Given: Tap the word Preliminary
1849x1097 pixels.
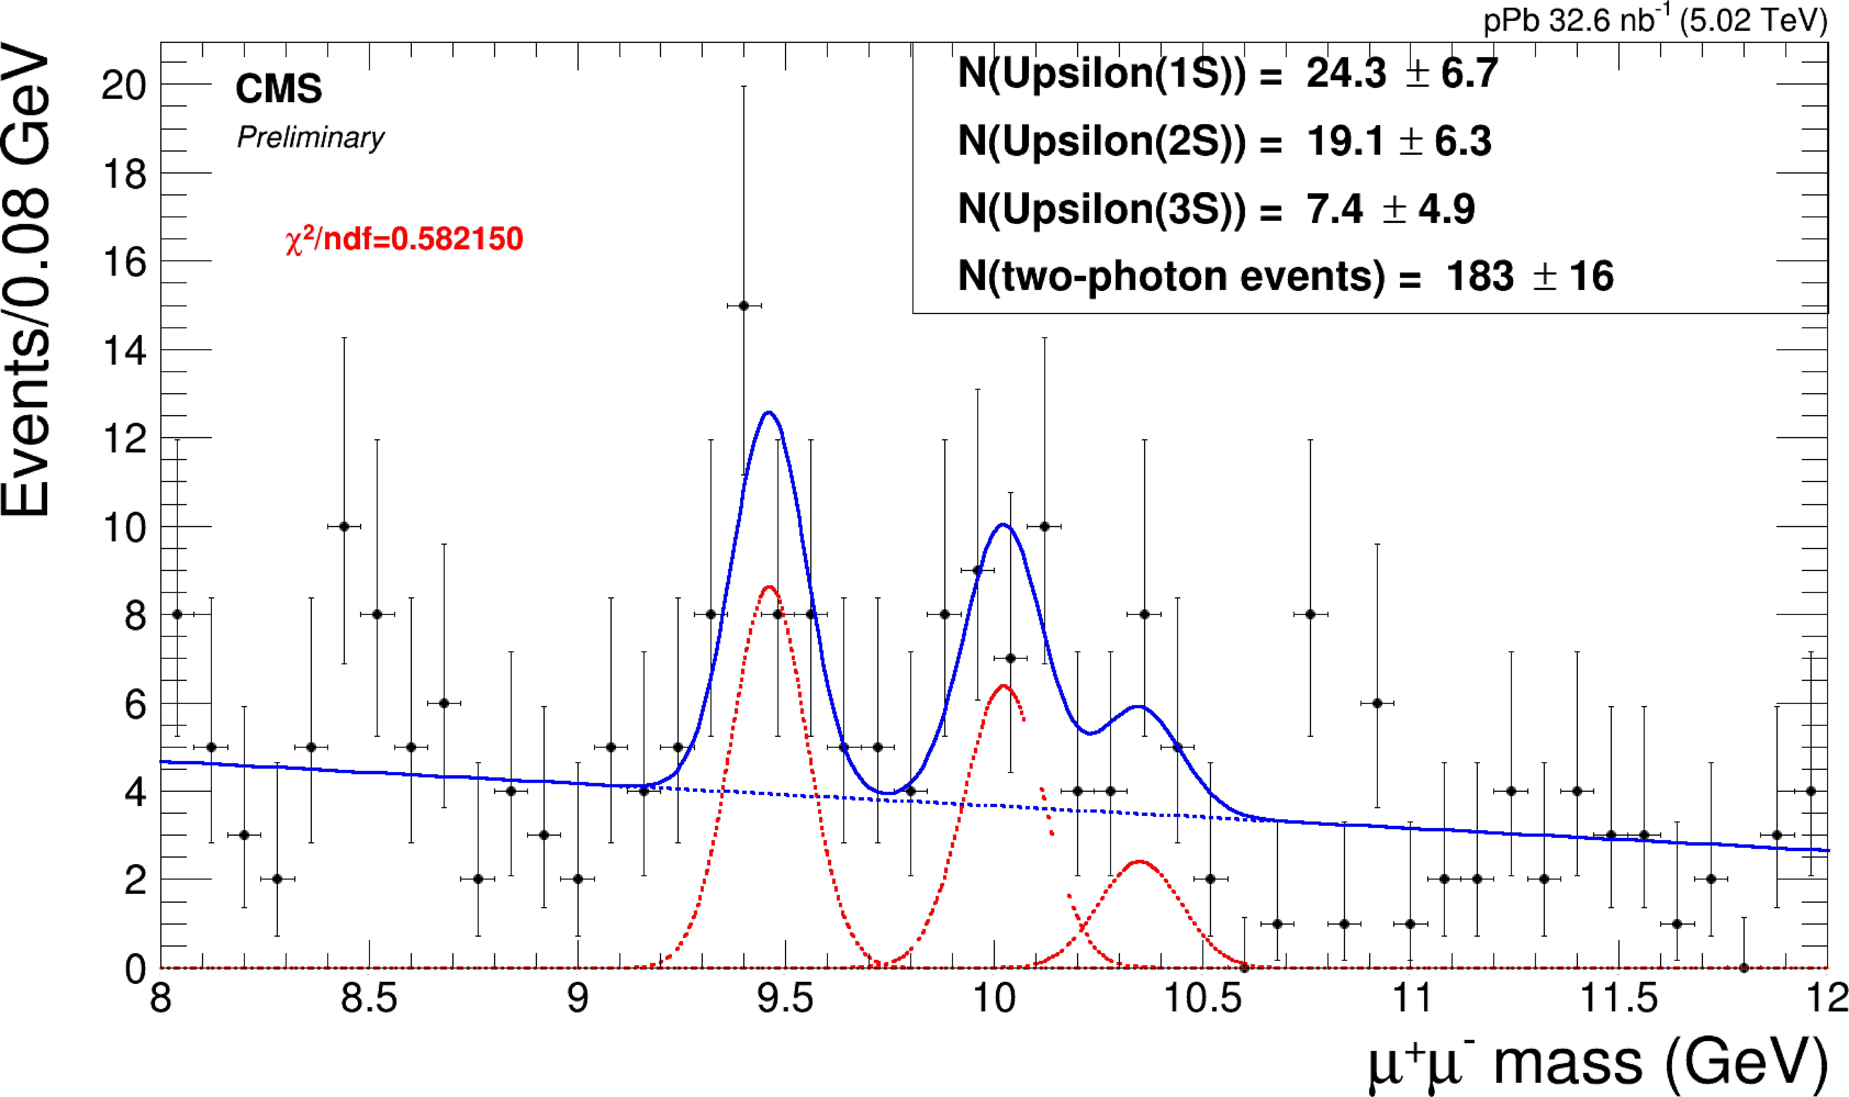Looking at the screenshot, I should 310,138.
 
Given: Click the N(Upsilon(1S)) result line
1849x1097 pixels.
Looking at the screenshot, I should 1227,73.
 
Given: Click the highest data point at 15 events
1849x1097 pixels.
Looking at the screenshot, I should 743,305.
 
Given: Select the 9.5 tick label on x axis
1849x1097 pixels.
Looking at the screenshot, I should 785,998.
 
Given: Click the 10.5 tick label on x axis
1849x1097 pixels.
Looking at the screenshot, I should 1202,998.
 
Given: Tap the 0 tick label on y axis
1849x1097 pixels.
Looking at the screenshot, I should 135,968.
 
